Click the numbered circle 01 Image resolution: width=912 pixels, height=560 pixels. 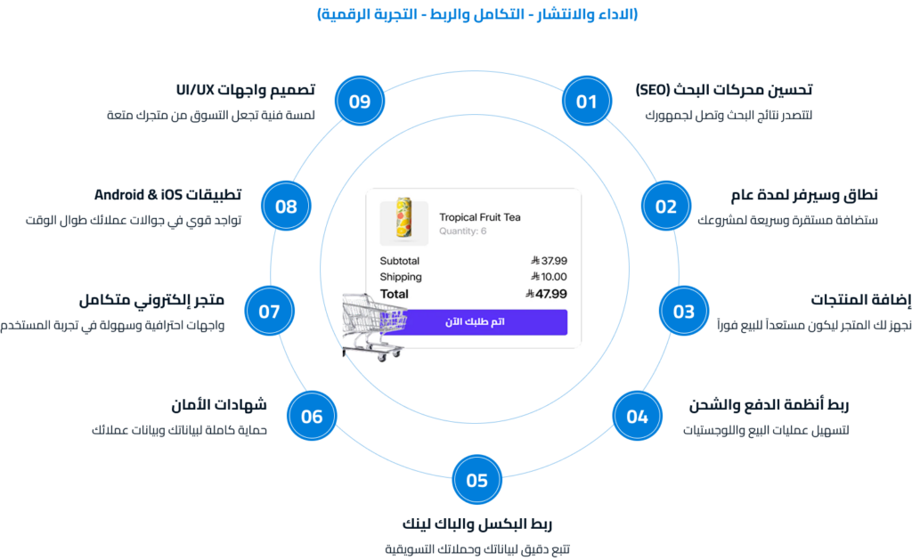587,101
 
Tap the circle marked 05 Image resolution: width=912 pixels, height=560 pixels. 477,480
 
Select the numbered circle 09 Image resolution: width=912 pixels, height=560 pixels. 360,101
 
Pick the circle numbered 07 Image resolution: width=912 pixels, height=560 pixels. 269,311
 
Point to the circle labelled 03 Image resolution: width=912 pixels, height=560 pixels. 684,311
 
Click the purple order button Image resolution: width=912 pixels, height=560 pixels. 476,321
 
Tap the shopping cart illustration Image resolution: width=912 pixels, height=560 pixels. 372,327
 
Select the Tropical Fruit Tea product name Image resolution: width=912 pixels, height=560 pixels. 480,217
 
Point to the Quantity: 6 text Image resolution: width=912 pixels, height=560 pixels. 462,231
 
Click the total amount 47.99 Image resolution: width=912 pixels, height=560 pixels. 546,294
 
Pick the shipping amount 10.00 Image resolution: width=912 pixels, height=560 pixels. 549,277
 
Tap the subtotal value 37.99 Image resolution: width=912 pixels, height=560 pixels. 549,261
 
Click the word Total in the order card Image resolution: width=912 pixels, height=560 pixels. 395,294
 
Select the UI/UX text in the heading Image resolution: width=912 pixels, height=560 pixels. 195,90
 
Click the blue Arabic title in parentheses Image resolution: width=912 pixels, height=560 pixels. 477,13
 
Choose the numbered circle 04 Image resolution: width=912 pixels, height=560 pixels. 638,416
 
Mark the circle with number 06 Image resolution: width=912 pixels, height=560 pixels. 312,416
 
